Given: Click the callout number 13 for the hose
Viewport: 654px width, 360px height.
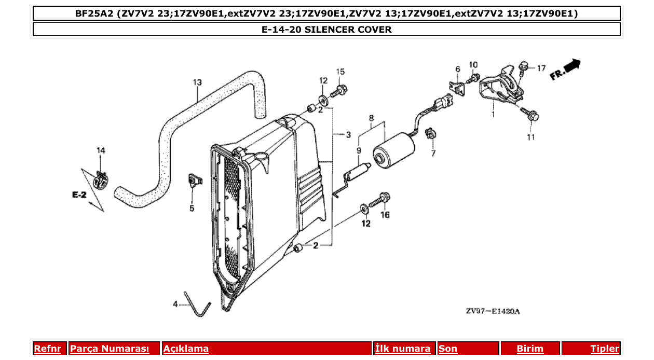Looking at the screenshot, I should tap(197, 82).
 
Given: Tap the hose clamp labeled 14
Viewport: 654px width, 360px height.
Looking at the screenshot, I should tap(100, 181).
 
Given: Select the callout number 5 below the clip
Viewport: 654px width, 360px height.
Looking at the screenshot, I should tap(192, 209).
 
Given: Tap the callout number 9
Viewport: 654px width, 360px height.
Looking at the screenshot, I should tap(359, 150).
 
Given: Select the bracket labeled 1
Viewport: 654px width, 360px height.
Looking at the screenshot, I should tap(501, 87).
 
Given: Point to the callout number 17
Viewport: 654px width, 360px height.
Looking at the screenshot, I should tap(541, 68).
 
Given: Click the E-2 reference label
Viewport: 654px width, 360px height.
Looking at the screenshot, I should tap(79, 195).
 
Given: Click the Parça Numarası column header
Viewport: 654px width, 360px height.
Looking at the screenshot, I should tap(109, 349).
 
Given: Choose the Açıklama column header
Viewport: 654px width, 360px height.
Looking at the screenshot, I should tap(186, 349).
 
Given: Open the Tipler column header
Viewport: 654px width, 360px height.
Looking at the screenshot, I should tap(604, 349).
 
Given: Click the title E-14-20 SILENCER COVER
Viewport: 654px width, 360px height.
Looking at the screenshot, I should tap(326, 30).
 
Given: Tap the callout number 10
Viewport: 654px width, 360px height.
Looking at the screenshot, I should tap(473, 64).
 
